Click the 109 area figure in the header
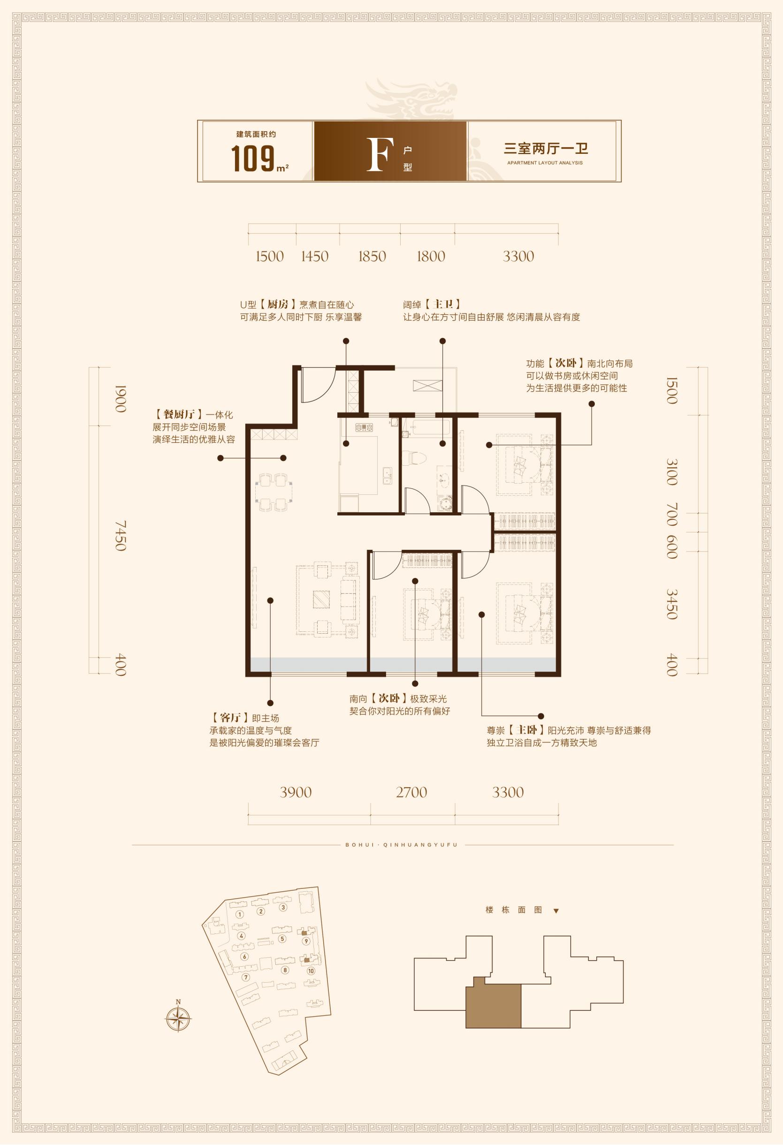click(x=253, y=158)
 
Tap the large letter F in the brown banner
click(x=380, y=155)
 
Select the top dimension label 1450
click(x=315, y=256)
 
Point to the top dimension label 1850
click(x=372, y=256)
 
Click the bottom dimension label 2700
click(x=411, y=792)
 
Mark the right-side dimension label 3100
click(x=672, y=472)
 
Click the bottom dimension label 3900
click(x=296, y=792)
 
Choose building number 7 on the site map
click(x=246, y=978)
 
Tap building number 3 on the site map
click(x=283, y=908)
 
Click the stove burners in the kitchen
click(x=364, y=427)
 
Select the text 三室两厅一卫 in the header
click(x=546, y=149)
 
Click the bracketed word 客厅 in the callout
click(x=230, y=718)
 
